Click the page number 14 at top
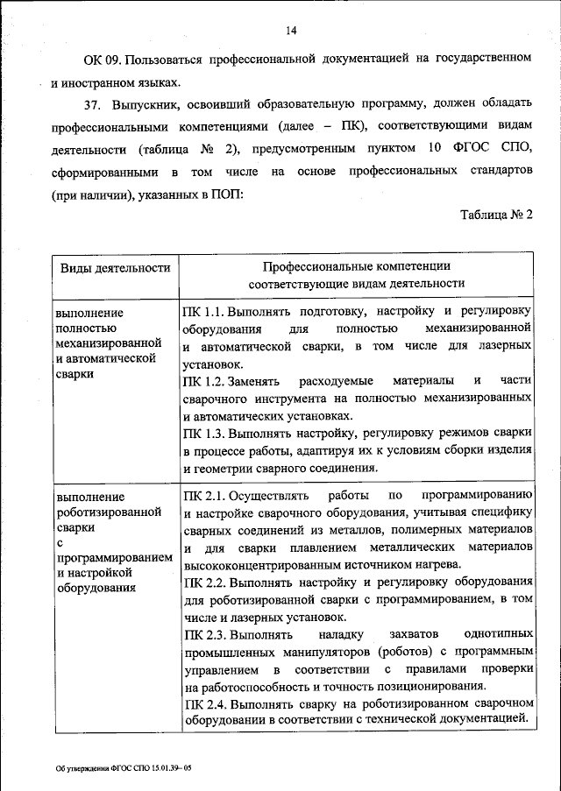tap(292, 32)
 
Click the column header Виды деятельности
tap(114, 268)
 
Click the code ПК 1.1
tap(205, 311)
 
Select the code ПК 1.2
tap(205, 382)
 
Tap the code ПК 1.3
tap(205, 434)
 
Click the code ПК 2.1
tap(205, 495)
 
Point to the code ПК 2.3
tap(205, 634)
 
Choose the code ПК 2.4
tap(205, 703)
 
